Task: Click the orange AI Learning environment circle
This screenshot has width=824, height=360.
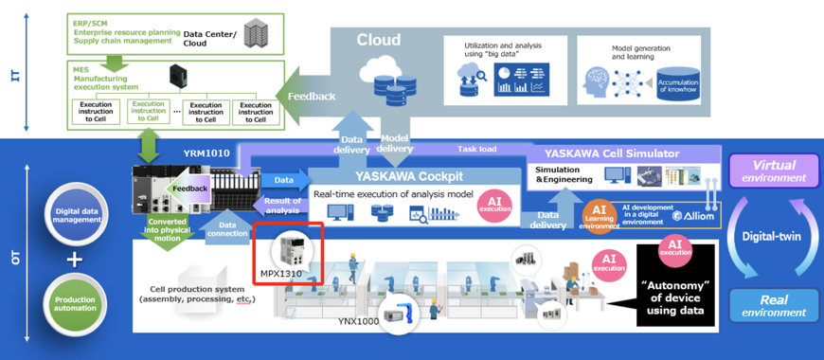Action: coord(598,214)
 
